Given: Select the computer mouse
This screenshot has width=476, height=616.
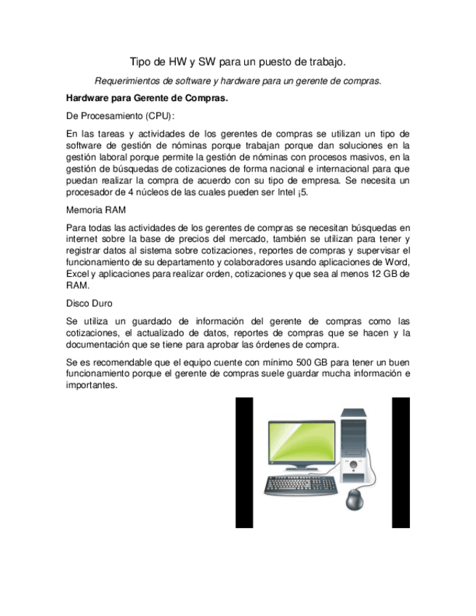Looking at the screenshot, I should click(355, 499).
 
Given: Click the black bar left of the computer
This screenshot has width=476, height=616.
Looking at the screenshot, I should click(244, 462).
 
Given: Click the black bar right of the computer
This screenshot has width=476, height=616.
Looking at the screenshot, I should click(400, 462).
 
